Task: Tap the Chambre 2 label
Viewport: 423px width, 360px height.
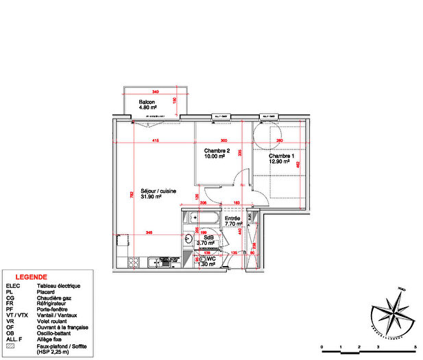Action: point(216,150)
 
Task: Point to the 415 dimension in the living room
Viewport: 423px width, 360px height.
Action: point(155,141)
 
